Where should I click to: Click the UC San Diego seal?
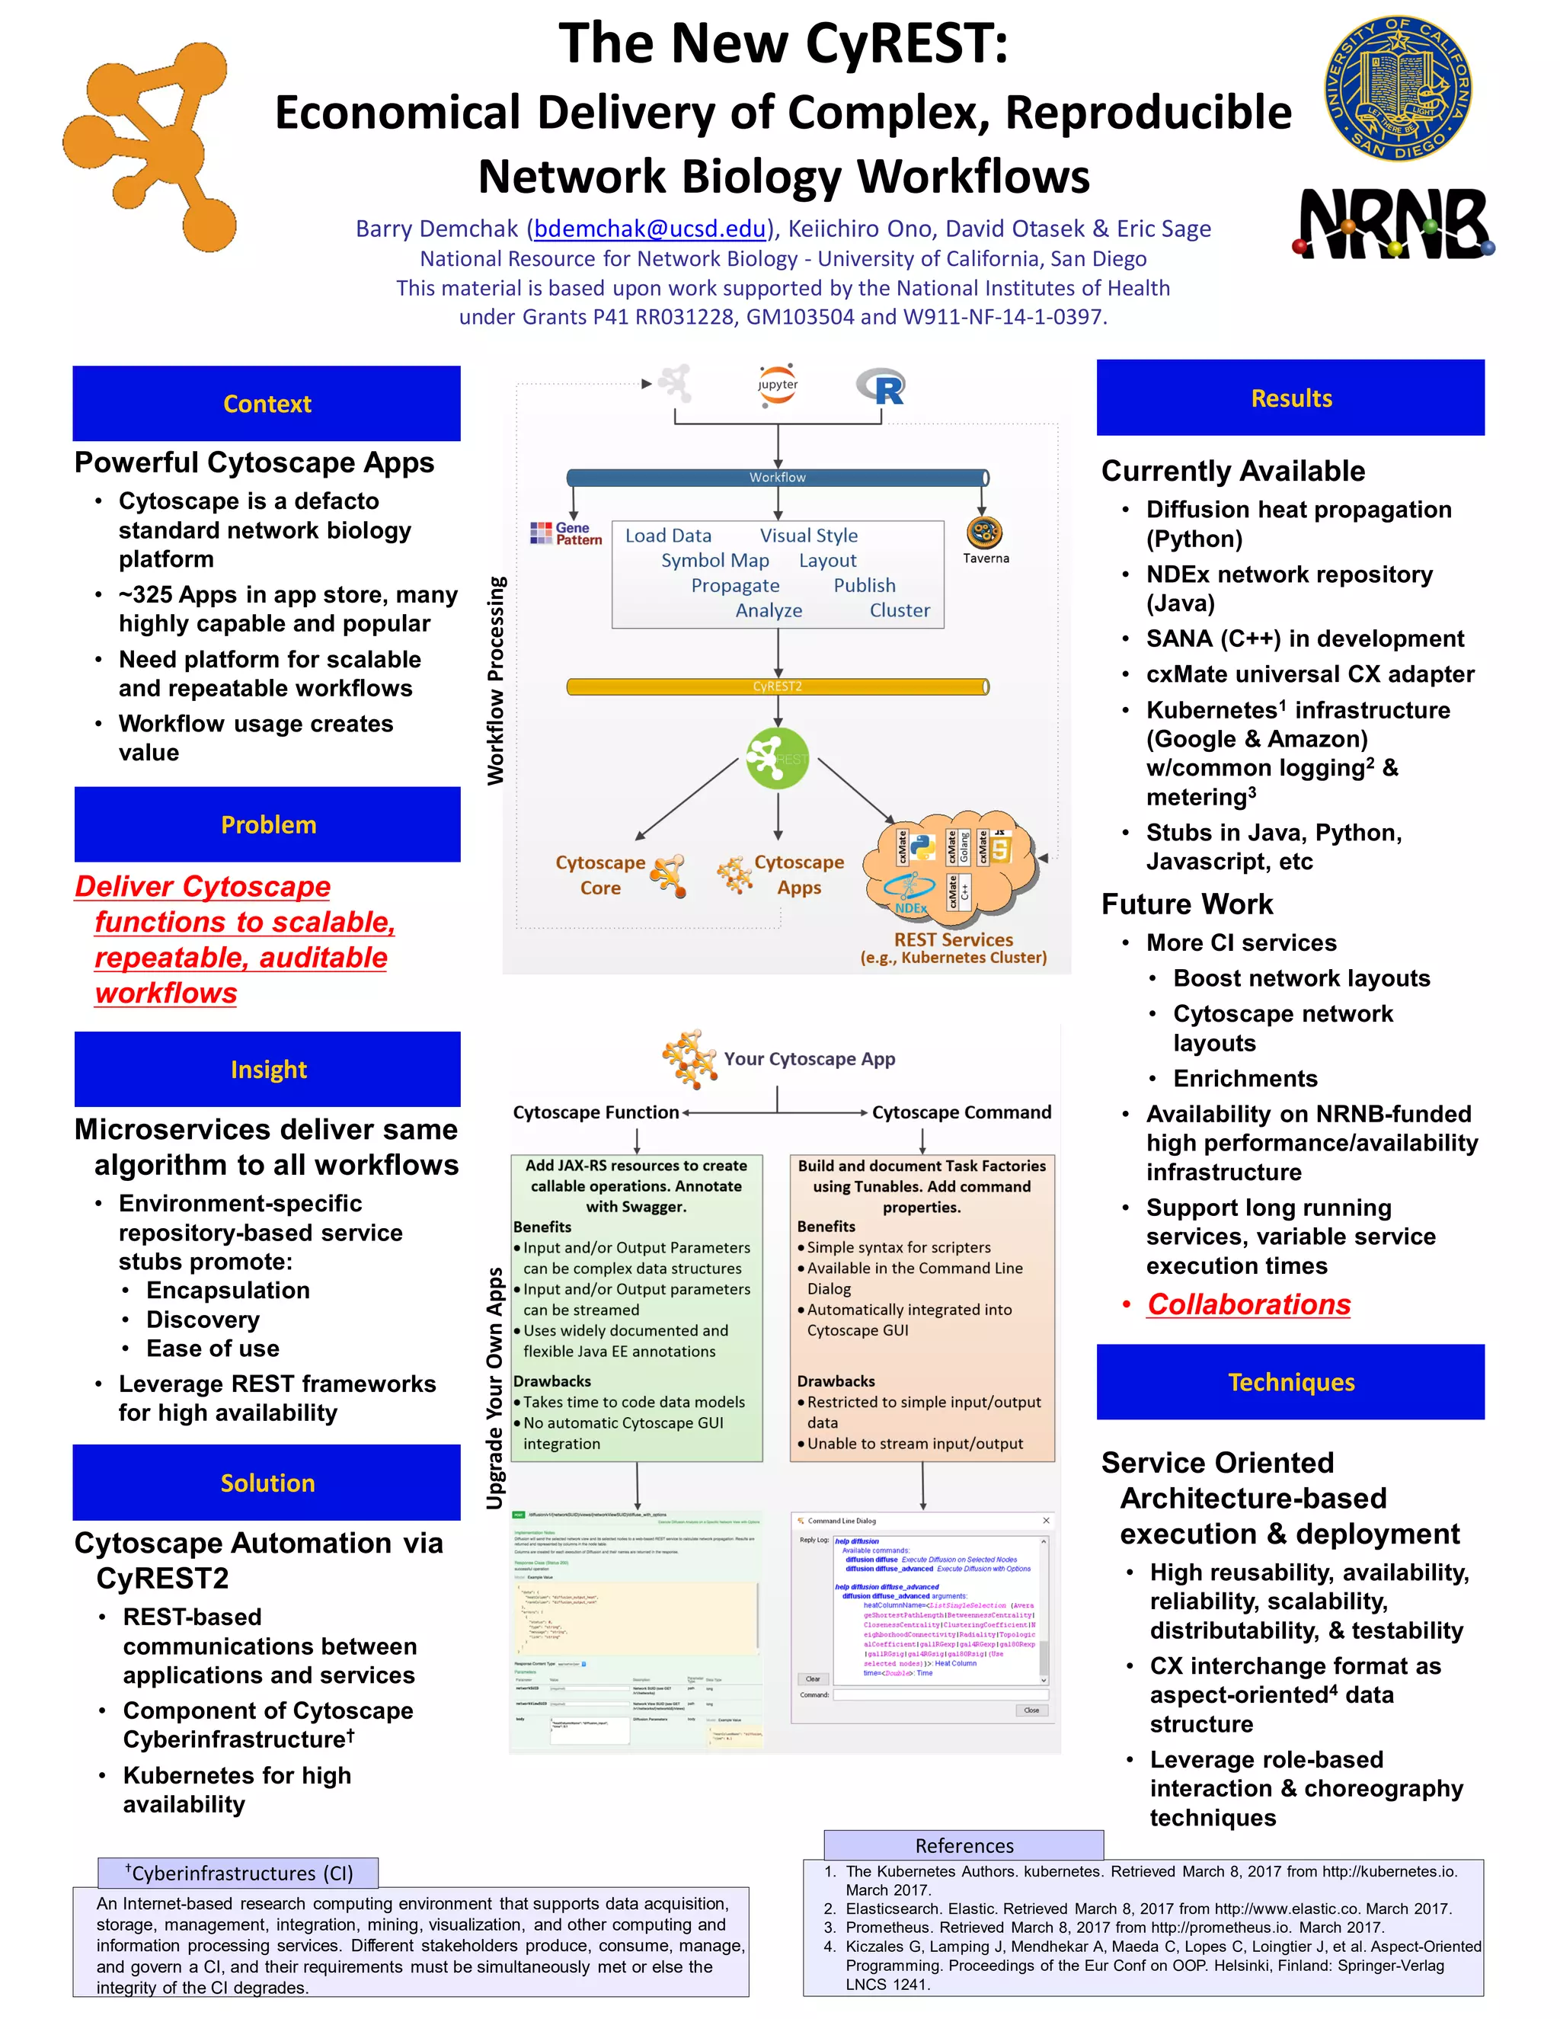pos(1399,88)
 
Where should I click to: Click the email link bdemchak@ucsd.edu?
pos(650,229)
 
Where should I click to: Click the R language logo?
pos(881,387)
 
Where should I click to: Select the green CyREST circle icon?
pos(777,758)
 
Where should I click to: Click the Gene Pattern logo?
pos(566,533)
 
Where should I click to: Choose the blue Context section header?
pos(267,404)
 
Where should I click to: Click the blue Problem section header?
pos(268,824)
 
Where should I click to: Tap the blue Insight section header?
pos(268,1070)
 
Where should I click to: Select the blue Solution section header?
pos(267,1483)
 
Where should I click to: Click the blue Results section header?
pos(1290,398)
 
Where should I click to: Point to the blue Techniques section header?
pos(1290,1382)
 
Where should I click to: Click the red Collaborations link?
pos(1248,1304)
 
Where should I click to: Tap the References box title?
pos(964,1845)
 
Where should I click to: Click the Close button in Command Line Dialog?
pos(1031,1710)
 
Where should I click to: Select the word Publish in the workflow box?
pos(864,585)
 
